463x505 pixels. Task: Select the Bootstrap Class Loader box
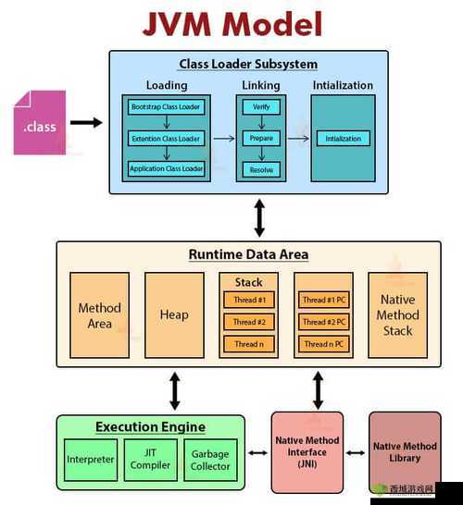point(166,107)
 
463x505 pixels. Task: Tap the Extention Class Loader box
point(166,138)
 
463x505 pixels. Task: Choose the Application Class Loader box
point(166,168)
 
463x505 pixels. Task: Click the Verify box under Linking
point(260,107)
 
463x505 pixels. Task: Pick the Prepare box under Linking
point(260,138)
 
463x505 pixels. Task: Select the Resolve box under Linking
point(260,168)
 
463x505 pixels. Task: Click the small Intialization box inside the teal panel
point(343,139)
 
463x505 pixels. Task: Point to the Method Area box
point(99,314)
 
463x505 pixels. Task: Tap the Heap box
point(173,314)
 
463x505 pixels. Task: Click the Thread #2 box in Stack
point(249,322)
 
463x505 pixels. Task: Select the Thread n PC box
point(323,344)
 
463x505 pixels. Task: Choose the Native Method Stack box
point(397,314)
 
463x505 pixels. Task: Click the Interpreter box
point(91,459)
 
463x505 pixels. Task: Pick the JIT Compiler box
point(150,459)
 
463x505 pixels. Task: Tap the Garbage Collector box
point(210,459)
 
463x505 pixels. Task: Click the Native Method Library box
point(405,451)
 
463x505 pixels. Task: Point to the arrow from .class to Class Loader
point(86,122)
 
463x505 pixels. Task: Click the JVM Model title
point(231,24)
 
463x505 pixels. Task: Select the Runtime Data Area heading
point(248,254)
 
